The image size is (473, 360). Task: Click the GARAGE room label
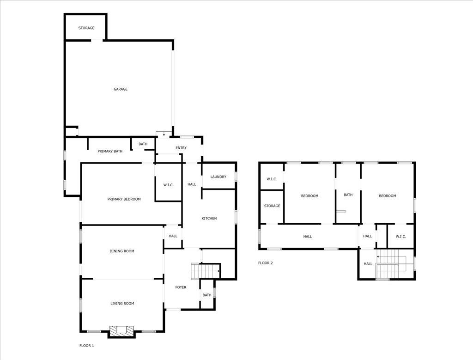tap(121, 89)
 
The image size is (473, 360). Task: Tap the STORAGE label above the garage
tap(86, 28)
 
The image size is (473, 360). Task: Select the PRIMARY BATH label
tap(110, 151)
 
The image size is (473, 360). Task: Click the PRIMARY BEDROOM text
tap(124, 199)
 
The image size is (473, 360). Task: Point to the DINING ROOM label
tap(122, 251)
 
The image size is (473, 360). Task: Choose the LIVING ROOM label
tap(122, 304)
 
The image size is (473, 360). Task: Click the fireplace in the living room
tap(121, 331)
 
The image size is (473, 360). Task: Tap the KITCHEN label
tap(209, 218)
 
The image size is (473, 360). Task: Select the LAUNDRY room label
tap(218, 177)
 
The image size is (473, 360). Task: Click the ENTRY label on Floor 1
tap(181, 148)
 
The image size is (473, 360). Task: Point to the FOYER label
tap(181, 287)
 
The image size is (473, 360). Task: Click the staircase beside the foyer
tap(205, 270)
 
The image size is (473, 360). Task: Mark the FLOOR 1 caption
tap(86, 345)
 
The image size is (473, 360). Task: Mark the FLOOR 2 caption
tap(266, 263)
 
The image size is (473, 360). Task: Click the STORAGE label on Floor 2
tap(272, 206)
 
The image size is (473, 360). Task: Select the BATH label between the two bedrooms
tap(348, 195)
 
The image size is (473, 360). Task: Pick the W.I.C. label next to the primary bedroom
tap(168, 185)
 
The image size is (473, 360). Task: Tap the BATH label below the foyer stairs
tap(206, 295)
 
